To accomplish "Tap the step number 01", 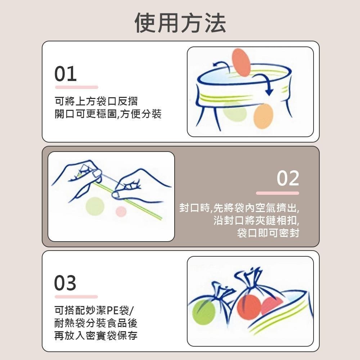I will point(66,74).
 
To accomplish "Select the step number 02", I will point(288,179).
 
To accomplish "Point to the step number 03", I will point(65,283).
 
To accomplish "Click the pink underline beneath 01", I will point(76,87).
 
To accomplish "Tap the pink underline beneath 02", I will point(277,193).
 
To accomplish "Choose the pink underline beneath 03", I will point(76,297).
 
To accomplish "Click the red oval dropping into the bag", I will point(241,62).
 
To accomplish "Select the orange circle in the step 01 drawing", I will point(263,116).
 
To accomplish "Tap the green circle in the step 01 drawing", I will point(235,112).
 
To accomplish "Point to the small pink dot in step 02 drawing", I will point(121,211).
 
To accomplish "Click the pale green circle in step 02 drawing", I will point(95,206).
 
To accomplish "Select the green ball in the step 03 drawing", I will point(203,312).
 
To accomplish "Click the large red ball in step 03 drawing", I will point(248,307).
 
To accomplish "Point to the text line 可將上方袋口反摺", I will point(96,100).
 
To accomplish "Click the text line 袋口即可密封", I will point(268,233).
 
